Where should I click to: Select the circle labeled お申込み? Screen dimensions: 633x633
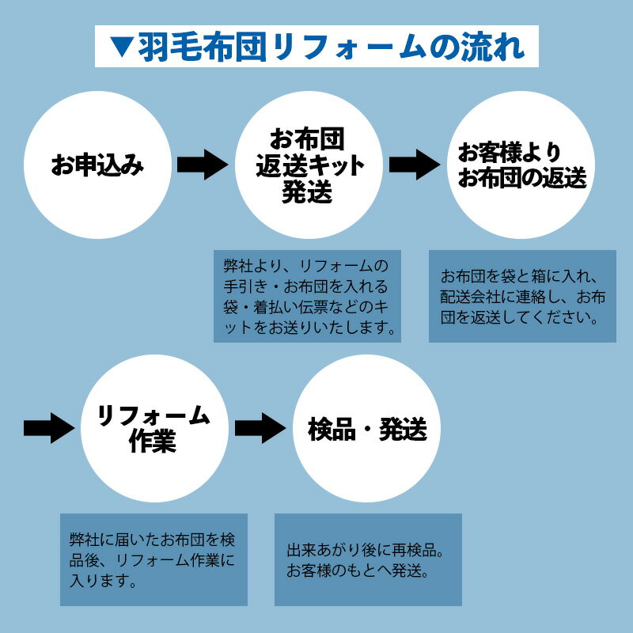pos(97,165)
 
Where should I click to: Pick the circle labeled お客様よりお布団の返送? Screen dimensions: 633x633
pos(522,165)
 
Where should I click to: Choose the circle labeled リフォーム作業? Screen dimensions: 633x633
pos(153,428)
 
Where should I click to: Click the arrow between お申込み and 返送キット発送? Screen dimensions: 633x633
pos(203,165)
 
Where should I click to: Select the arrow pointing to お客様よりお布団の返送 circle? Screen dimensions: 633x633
pos(415,165)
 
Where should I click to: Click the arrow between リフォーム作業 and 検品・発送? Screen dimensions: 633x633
pos(260,428)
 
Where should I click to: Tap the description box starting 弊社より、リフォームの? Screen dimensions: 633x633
pos(307,296)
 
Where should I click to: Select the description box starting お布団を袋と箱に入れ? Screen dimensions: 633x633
pos(522,296)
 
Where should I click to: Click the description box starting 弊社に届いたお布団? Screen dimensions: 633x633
pos(154,560)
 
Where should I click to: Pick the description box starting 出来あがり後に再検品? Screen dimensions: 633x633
pos(368,560)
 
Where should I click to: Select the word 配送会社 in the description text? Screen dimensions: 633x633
pos(468,298)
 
